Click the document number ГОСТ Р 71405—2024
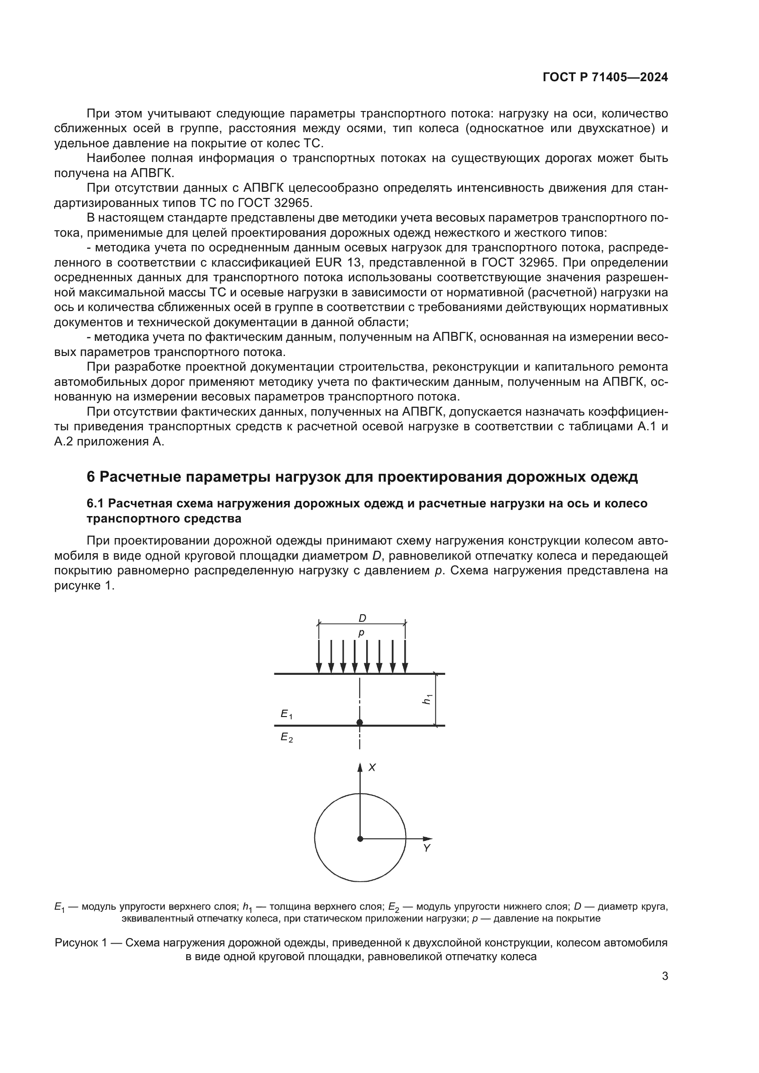click(605, 78)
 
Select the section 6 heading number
click(91, 477)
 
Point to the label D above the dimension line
click(362, 618)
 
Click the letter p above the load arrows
click(361, 633)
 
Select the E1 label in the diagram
click(286, 714)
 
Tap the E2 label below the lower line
click(286, 738)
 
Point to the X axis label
click(372, 767)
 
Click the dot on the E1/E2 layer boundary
click(359, 723)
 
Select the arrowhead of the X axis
click(360, 767)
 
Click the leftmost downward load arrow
click(319, 656)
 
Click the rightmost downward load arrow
click(405, 656)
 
